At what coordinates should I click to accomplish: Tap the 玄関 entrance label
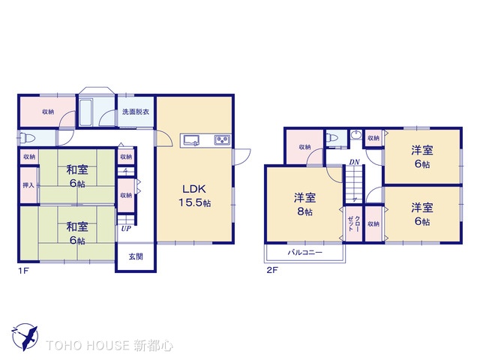pyautogui.click(x=136, y=257)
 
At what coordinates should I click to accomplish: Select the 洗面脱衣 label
pyautogui.click(x=136, y=112)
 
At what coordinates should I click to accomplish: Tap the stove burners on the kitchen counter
pyautogui.click(x=223, y=139)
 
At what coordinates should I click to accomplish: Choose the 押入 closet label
pyautogui.click(x=28, y=184)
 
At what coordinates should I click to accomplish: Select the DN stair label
pyautogui.click(x=353, y=163)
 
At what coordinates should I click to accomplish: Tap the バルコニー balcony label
pyautogui.click(x=304, y=253)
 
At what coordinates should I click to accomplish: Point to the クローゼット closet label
pyautogui.click(x=352, y=223)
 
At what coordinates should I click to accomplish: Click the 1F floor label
pyautogui.click(x=24, y=271)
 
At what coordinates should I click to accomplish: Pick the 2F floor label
pyautogui.click(x=271, y=271)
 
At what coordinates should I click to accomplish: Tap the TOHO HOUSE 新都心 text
pyautogui.click(x=109, y=346)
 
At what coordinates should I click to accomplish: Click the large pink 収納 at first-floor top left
pyautogui.click(x=47, y=112)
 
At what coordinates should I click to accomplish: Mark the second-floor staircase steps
pyautogui.click(x=353, y=184)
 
